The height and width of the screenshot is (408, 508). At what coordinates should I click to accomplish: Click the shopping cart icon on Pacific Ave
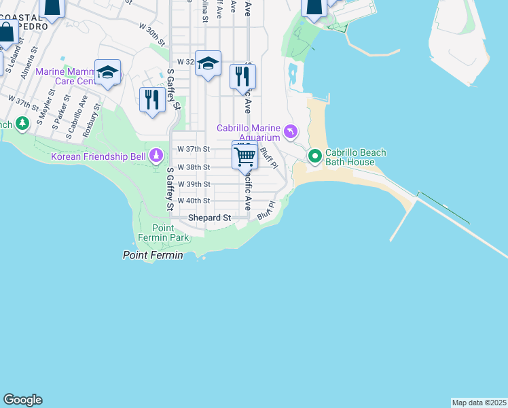point(244,156)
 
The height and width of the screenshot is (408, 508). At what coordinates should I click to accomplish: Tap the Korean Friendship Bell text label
point(98,157)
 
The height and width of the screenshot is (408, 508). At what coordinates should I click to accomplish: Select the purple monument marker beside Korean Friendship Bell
point(157,156)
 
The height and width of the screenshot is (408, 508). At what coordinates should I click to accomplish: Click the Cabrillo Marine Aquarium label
point(249,133)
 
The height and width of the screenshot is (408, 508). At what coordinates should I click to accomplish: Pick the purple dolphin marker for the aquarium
point(291,131)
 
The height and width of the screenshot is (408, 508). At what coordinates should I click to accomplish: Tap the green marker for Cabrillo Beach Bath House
point(315,156)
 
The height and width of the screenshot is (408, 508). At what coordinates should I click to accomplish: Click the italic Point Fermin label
point(153,255)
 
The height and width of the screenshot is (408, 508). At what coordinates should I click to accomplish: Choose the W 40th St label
point(194,201)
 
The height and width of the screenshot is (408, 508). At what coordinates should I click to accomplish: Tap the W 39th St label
point(194,184)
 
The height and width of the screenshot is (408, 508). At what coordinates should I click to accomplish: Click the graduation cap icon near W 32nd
point(208,63)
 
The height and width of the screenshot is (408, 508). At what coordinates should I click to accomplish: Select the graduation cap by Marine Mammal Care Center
point(107,73)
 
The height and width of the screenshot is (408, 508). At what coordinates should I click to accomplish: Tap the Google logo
point(22,400)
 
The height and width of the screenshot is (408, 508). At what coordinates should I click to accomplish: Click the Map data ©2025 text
point(479,403)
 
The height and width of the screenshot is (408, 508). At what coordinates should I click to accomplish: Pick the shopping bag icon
point(7,32)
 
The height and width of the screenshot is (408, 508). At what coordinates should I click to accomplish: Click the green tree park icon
point(22,123)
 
